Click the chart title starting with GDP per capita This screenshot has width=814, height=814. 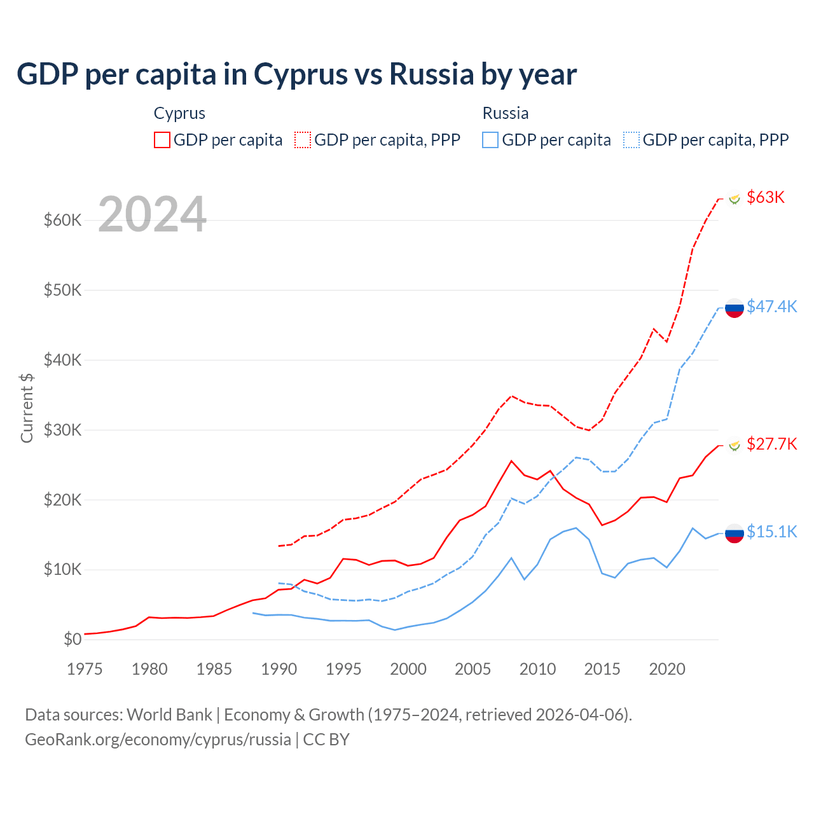[296, 74]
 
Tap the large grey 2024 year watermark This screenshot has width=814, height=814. [153, 214]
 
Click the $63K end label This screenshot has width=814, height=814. [765, 197]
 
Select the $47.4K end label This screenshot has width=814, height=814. [771, 307]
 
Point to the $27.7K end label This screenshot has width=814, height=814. [771, 444]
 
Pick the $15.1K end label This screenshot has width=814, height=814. [771, 532]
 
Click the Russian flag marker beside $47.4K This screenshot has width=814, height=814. [735, 308]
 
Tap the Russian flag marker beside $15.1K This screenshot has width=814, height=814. [735, 534]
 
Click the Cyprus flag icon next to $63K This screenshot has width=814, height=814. [735, 199]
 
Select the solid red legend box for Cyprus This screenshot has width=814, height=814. [162, 140]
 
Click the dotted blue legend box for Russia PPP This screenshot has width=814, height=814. [631, 140]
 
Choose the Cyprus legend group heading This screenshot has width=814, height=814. [179, 113]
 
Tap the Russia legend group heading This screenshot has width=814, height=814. [506, 113]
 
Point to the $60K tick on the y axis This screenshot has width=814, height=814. [63, 221]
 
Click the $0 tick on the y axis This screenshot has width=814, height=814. [72, 639]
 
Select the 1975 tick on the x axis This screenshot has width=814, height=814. [85, 669]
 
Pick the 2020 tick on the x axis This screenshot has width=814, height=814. [667, 669]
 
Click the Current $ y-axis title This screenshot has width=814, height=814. [27, 408]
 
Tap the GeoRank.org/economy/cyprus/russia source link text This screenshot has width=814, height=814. [158, 740]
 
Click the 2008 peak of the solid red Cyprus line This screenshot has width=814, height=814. [511, 460]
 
